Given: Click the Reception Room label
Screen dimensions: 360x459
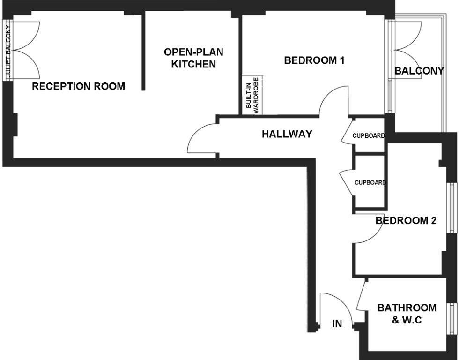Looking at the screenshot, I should pos(78,86).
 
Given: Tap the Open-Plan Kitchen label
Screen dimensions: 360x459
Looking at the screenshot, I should pos(193,58).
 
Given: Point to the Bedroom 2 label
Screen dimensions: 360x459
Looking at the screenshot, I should pos(406,220).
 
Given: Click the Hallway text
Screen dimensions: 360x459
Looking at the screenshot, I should pos(287,134).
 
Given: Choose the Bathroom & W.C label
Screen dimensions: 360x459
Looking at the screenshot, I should pos(407,314).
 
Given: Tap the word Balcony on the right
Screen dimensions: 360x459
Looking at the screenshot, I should pos(419,71).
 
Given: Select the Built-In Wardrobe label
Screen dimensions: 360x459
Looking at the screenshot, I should pos(252,96).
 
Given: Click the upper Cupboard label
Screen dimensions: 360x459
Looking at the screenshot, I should pos(369,136).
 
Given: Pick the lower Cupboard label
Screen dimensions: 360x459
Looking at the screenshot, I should pos(370,183).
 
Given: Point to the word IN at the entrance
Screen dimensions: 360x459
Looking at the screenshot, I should pos(337,324).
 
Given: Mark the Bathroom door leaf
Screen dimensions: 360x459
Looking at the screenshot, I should pos(361,294).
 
